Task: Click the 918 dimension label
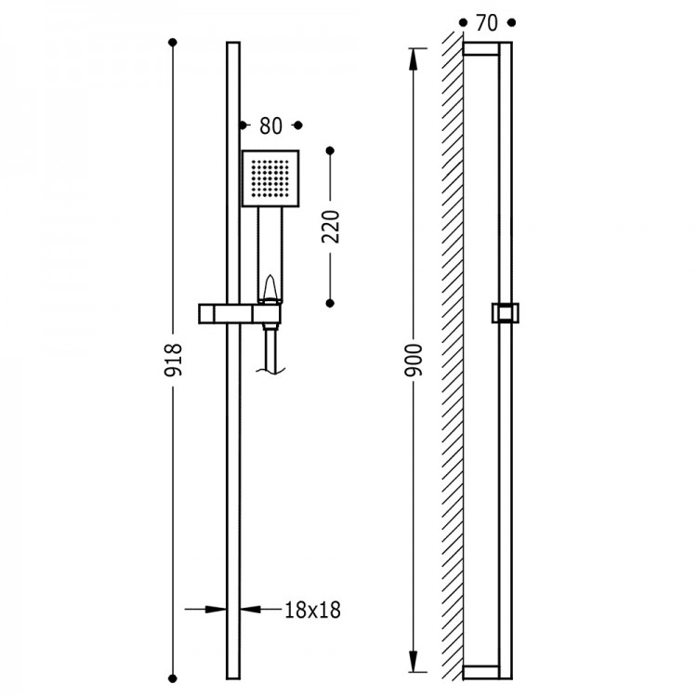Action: [x=173, y=360]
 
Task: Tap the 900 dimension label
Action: [x=413, y=360]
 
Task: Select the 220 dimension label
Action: [x=330, y=227]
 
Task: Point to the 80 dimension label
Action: [x=270, y=125]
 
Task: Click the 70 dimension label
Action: [x=487, y=23]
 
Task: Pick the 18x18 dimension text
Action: [x=312, y=610]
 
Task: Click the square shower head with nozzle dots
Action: [x=270, y=178]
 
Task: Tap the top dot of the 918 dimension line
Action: [x=173, y=42]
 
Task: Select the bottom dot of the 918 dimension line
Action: [x=173, y=678]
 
